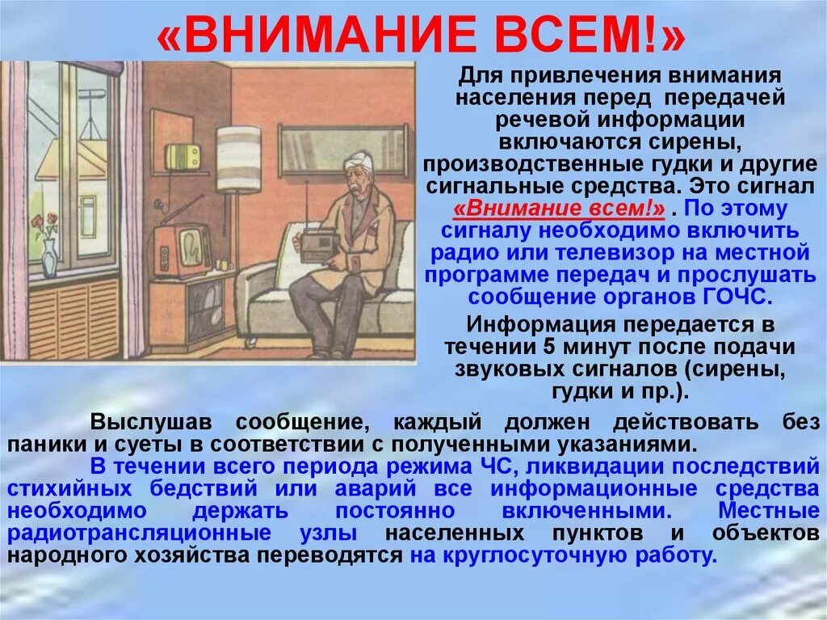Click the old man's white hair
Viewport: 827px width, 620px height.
[x=355, y=162]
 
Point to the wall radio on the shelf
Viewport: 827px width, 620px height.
[x=183, y=157]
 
